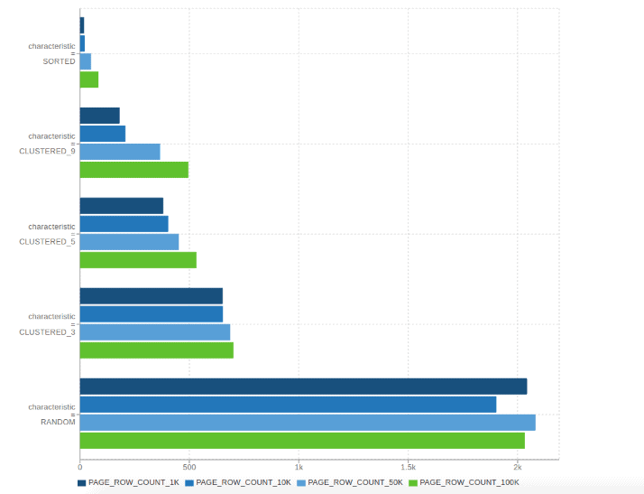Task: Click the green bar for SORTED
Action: (88, 79)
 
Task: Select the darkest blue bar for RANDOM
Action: (303, 387)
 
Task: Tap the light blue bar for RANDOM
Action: (308, 423)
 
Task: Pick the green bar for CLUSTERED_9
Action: (133, 170)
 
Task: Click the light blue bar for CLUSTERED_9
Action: (120, 152)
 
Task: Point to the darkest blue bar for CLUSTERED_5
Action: (122, 206)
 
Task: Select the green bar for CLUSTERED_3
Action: (156, 350)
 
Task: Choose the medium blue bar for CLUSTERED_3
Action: (152, 314)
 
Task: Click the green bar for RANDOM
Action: (302, 441)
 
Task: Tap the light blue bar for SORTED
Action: (86, 61)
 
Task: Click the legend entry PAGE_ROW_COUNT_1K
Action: (128, 483)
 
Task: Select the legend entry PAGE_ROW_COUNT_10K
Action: (238, 483)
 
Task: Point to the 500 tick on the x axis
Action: (189, 467)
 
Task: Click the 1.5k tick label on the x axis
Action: (408, 467)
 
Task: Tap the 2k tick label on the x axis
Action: (517, 467)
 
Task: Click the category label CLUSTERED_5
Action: (48, 242)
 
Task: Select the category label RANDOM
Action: (58, 422)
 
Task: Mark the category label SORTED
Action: (60, 61)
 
